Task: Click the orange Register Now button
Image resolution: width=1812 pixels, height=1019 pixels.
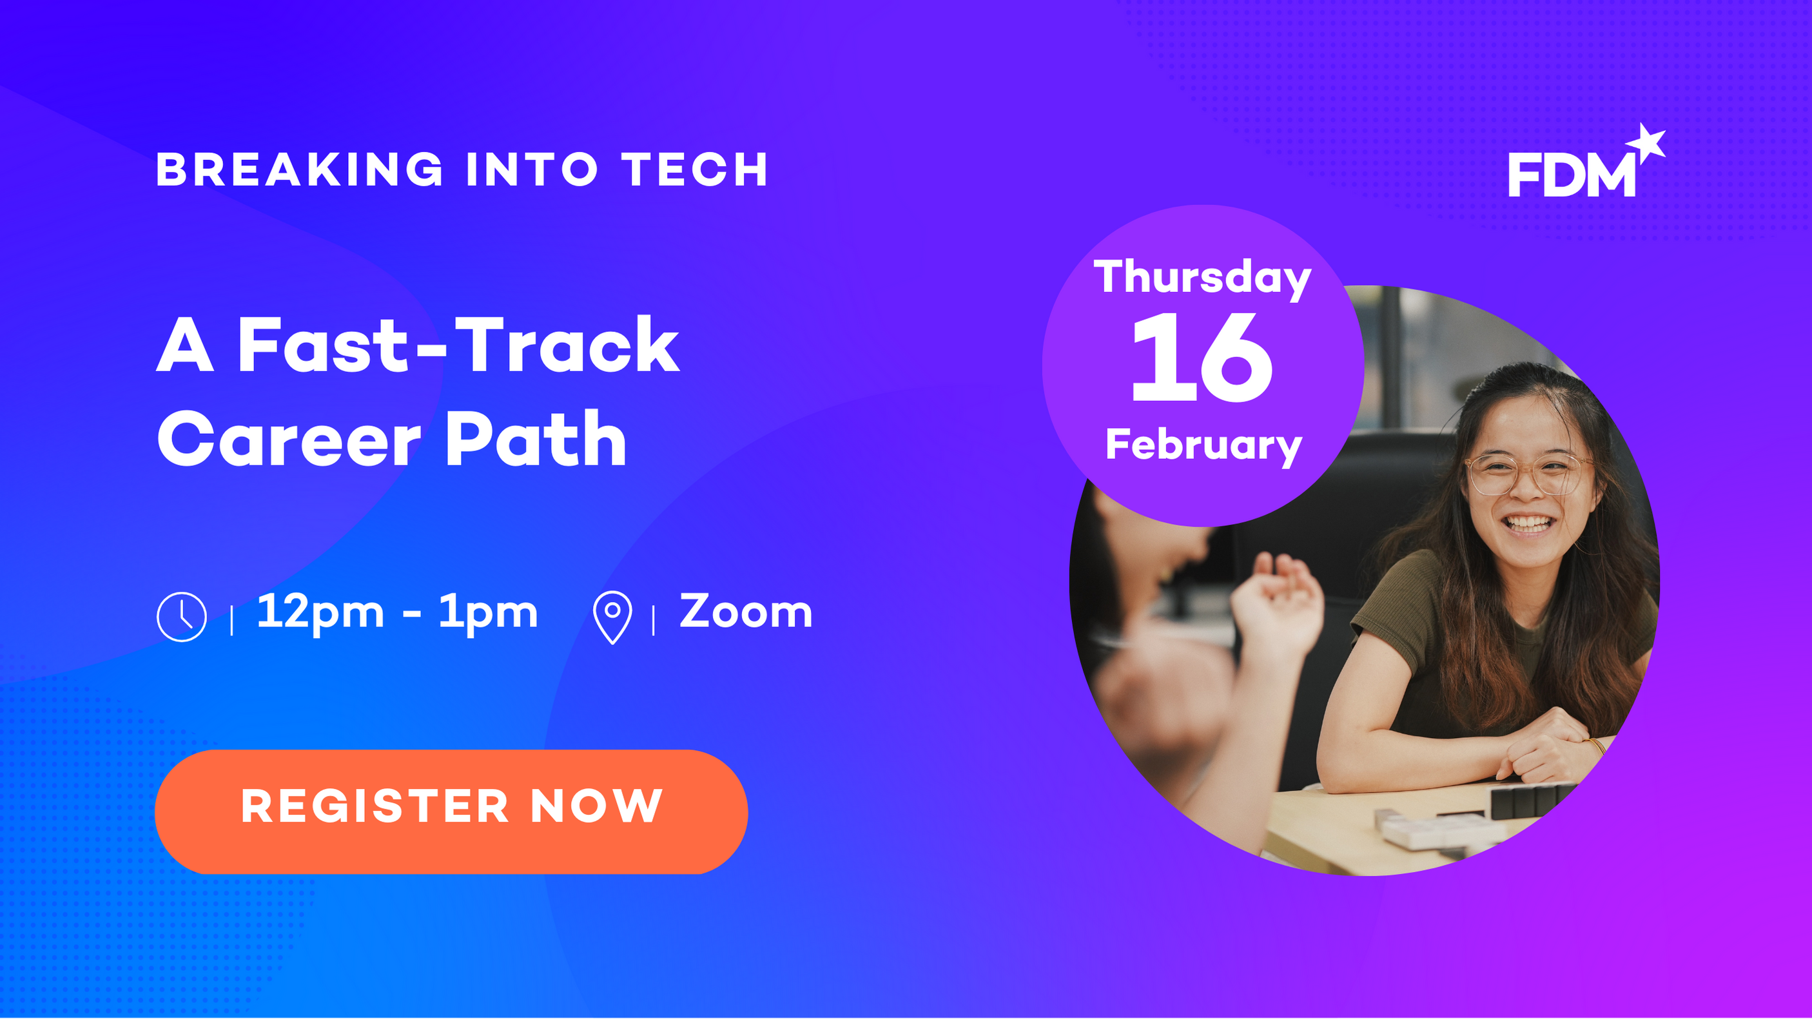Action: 451,811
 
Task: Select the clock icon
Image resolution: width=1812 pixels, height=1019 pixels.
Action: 182,617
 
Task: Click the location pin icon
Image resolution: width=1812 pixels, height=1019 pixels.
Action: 612,617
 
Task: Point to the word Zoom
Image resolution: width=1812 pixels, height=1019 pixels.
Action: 746,611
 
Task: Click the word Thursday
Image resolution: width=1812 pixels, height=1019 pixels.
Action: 1203,278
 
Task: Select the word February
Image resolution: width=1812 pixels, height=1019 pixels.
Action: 1203,446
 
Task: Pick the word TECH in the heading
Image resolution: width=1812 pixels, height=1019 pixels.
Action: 694,170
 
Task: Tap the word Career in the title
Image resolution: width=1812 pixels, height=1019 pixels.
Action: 289,440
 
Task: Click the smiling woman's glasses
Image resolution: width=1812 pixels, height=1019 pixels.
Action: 1528,474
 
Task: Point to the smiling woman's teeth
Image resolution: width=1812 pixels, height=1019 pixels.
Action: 1528,524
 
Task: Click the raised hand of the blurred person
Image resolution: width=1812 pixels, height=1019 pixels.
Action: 1277,601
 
